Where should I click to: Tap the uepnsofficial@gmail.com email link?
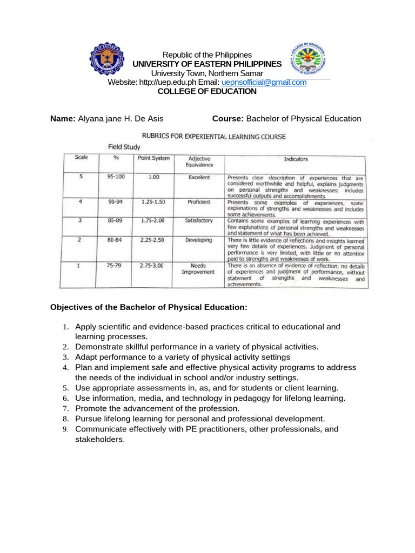264,82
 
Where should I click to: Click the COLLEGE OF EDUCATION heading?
207,91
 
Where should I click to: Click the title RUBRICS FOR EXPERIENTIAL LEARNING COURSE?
213,137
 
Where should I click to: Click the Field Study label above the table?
124,147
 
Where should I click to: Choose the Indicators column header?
296,159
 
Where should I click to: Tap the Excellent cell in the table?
199,177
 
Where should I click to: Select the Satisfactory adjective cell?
199,220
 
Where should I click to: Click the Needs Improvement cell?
199,268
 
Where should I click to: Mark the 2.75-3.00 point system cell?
151,266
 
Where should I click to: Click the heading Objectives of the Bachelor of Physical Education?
149,307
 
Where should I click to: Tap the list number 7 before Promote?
64,409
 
